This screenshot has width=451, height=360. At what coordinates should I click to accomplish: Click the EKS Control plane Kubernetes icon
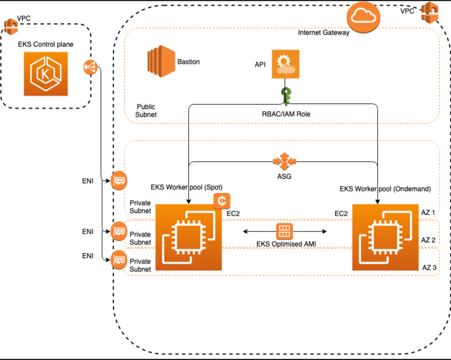pos(46,74)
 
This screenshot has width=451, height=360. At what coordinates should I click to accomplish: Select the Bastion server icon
pos(161,61)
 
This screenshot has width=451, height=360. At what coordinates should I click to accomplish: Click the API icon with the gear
pos(285,64)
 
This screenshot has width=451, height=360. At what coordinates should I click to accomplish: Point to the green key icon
pos(286,96)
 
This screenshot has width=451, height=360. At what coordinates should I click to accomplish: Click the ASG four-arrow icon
pos(284,161)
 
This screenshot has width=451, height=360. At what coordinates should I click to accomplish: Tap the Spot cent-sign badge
pos(222,201)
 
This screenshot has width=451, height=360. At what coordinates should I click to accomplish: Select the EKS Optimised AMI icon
pos(284,231)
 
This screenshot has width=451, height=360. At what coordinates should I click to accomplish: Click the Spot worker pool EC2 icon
pos(189,237)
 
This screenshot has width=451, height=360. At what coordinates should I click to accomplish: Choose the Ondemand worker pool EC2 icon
pos(385,237)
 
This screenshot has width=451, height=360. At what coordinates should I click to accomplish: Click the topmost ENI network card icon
pos(119,181)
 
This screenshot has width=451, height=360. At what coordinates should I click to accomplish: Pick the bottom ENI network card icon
pos(119,259)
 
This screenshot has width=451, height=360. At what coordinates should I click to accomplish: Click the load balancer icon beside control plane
pos(90,67)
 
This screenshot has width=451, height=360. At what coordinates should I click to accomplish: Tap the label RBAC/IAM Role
pos(286,114)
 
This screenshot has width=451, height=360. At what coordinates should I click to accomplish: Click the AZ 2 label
pos(428,240)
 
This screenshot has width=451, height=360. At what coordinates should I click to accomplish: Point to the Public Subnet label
pos(146,111)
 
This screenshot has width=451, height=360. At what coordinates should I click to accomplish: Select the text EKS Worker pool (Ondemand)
pos(385,189)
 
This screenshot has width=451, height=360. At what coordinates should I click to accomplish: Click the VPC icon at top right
pos(430,12)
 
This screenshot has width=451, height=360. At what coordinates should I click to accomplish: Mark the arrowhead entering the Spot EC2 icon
pos(189,201)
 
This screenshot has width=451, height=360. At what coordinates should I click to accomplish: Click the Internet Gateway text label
pos(323,33)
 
